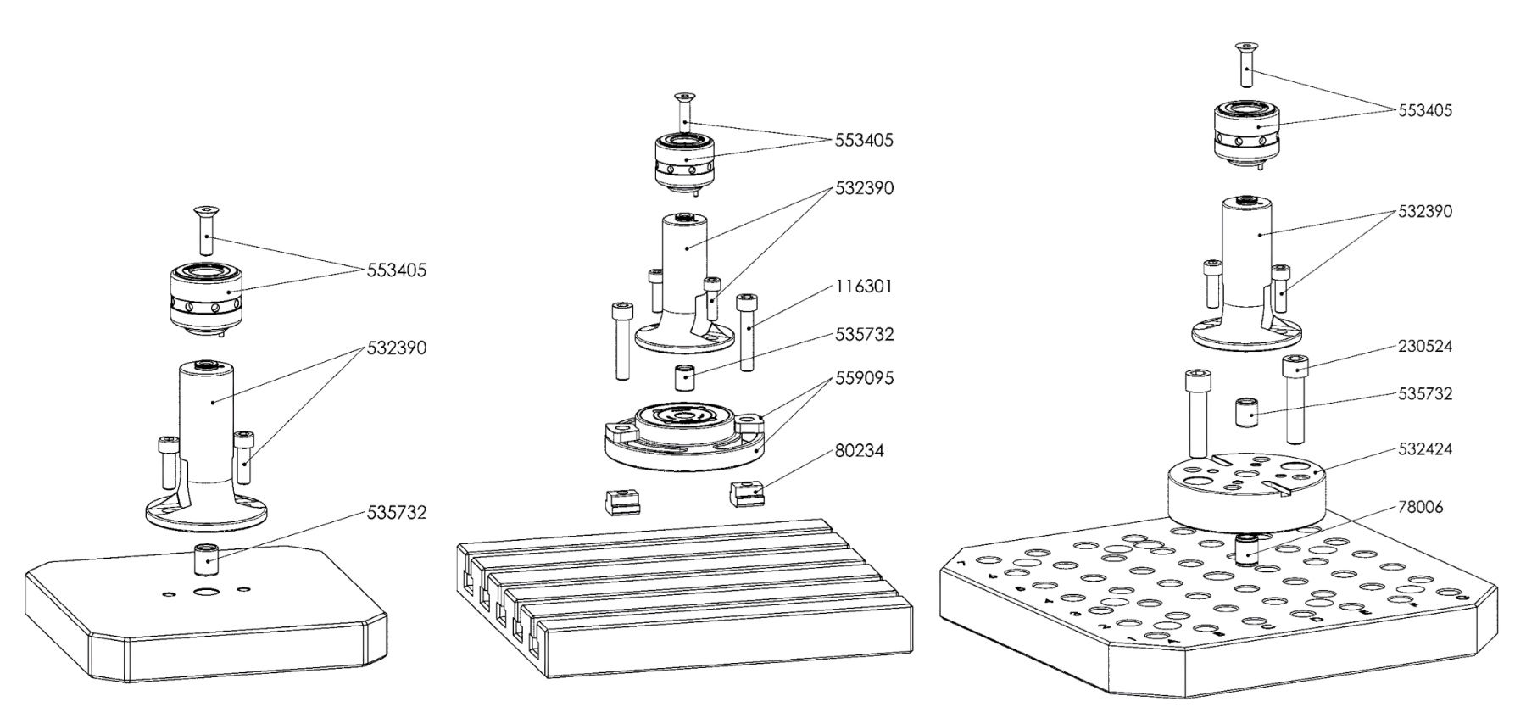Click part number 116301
(864, 287)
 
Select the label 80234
(860, 451)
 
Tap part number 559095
(864, 377)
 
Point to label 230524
(1424, 347)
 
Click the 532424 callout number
(1424, 448)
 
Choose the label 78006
(1420, 508)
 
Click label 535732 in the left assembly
(396, 513)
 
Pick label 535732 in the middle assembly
(864, 335)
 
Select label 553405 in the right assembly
(1424, 111)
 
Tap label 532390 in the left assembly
(396, 348)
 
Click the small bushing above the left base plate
(206, 559)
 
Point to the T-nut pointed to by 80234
(747, 492)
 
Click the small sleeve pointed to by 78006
(1245, 549)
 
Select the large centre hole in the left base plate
(204, 592)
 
